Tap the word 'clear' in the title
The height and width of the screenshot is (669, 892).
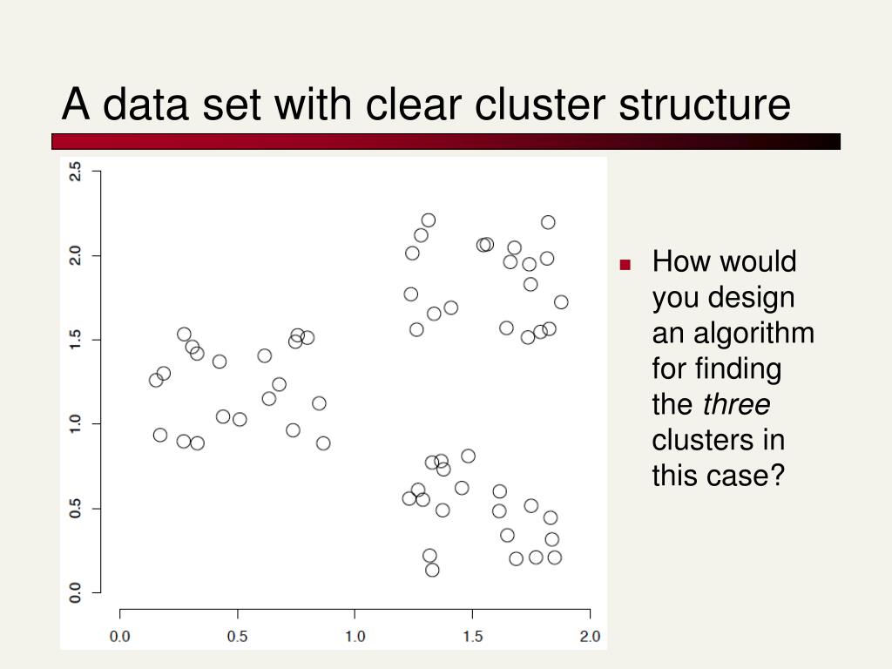tap(416, 105)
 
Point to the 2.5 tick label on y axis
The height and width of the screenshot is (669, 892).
tap(75, 172)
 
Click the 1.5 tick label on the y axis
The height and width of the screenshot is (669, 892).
tap(75, 339)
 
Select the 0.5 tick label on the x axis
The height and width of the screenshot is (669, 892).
tap(237, 636)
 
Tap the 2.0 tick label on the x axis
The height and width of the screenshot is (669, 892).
tap(590, 636)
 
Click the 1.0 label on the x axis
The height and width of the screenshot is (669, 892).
tap(355, 636)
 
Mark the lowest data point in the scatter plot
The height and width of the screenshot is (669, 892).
tap(432, 570)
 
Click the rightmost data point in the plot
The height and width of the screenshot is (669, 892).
tap(561, 302)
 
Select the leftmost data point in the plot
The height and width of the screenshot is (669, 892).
tap(156, 380)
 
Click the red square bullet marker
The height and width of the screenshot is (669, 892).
tap(625, 265)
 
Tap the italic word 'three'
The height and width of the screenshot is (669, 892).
tap(736, 404)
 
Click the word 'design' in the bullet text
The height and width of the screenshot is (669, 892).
tap(751, 297)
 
